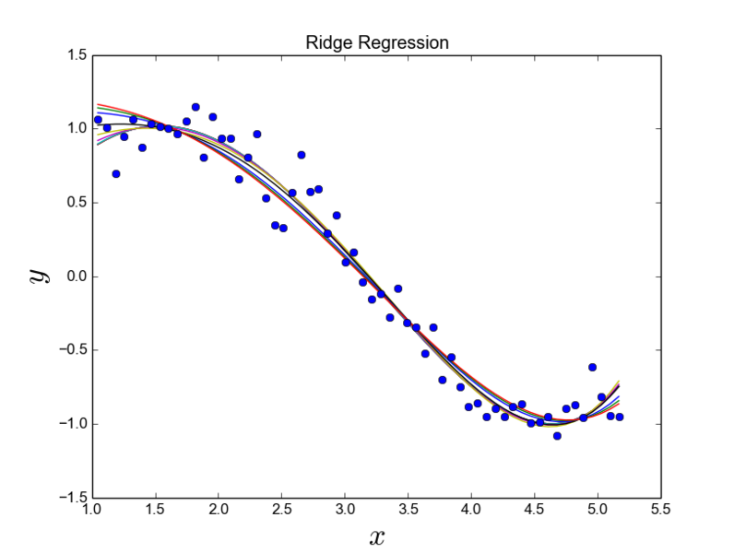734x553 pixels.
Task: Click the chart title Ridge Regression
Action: click(376, 42)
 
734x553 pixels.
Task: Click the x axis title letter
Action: click(376, 537)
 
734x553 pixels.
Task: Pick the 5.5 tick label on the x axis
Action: click(660, 510)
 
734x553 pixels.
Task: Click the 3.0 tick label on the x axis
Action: click(345, 510)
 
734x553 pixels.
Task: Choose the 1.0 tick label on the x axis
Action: click(92, 510)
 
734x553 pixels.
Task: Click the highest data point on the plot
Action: click(195, 107)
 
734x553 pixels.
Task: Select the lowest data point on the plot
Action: click(557, 435)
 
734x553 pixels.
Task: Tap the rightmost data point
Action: click(620, 417)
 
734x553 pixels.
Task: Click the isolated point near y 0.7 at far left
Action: click(115, 173)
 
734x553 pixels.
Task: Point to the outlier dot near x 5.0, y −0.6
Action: click(592, 367)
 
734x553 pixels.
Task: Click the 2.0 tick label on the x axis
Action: click(219, 510)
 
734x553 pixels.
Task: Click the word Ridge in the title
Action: click(324, 42)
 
